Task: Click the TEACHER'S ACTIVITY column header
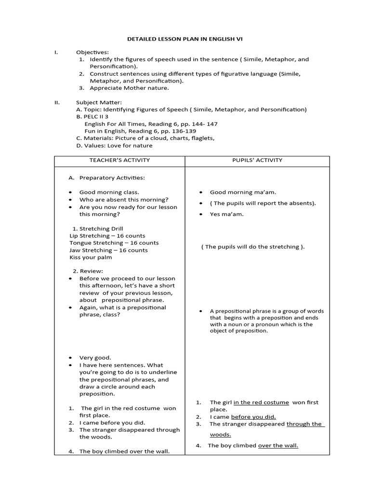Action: click(119, 160)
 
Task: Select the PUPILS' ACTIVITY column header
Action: click(257, 160)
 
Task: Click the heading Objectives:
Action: click(92, 52)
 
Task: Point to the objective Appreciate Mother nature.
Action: click(129, 88)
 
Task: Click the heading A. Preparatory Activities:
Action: click(106, 178)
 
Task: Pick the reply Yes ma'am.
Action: click(226, 214)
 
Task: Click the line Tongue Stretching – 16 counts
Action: click(114, 243)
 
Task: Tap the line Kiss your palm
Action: click(91, 258)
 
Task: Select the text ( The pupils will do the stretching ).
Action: click(253, 247)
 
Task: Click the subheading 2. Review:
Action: click(88, 271)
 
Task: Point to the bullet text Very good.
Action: click(95, 357)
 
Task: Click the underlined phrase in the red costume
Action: click(261, 402)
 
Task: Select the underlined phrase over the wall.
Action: click(278, 445)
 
